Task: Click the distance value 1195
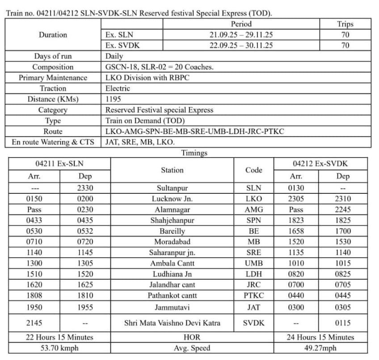point(113,99)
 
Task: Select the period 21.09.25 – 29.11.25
point(241,34)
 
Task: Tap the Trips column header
point(345,24)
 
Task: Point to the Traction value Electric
point(118,88)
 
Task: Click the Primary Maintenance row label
point(53,78)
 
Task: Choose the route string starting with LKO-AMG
point(194,131)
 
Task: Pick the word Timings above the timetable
point(194,153)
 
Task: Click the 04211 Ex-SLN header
point(59,163)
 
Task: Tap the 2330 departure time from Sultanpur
point(84,188)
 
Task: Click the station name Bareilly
point(172,231)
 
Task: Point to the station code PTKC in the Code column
point(254,296)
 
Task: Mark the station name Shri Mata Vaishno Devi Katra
point(172,323)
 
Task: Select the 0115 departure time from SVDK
point(343,323)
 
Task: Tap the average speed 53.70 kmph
point(59,348)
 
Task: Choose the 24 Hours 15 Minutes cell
point(320,337)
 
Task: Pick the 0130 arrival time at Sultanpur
point(296,188)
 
